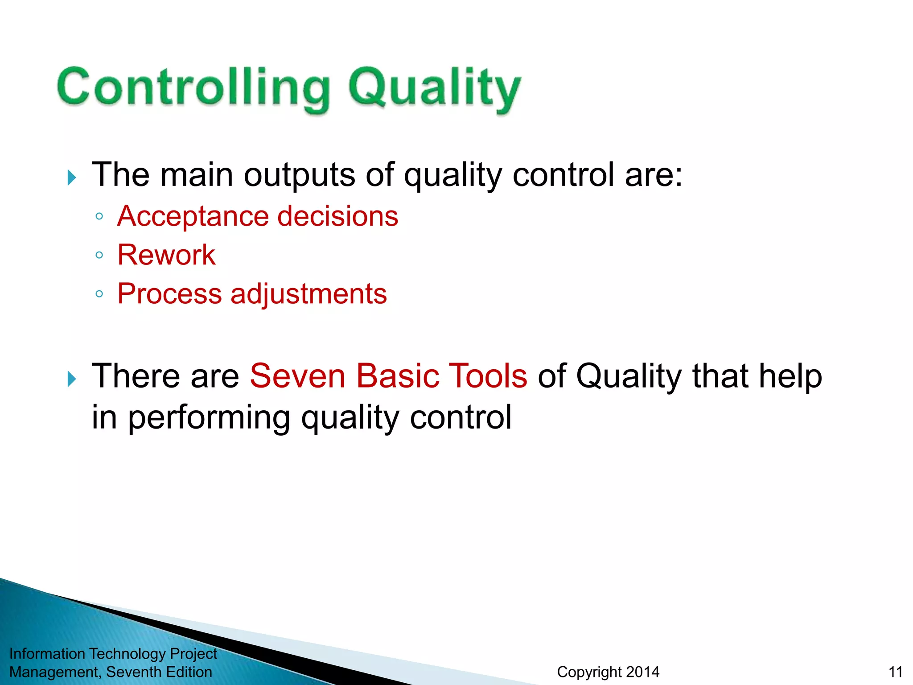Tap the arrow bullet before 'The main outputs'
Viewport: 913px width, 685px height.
pyautogui.click(x=72, y=177)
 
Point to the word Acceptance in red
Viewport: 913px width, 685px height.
pyautogui.click(x=192, y=217)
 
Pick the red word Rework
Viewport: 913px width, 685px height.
pyautogui.click(x=166, y=255)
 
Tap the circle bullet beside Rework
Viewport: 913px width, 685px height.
pyautogui.click(x=99, y=255)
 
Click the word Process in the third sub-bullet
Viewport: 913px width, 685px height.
pyautogui.click(x=169, y=294)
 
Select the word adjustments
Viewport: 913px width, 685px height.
pyautogui.click(x=308, y=294)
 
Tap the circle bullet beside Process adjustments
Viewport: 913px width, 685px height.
pyautogui.click(x=99, y=294)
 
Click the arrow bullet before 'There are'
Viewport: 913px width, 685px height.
pyautogui.click(x=72, y=379)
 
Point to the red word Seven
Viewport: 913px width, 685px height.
pyautogui.click(x=297, y=376)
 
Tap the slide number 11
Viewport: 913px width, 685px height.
pyautogui.click(x=895, y=672)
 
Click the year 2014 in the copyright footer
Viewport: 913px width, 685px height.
pyautogui.click(x=642, y=672)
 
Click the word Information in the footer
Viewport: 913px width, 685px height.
pyautogui.click(x=47, y=653)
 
